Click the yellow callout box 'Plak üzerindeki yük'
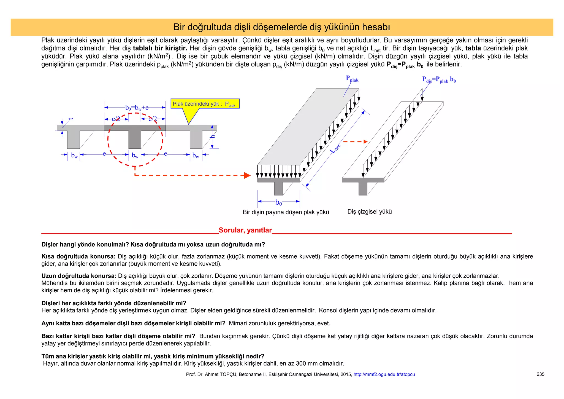[205, 104]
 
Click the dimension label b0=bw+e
[137, 108]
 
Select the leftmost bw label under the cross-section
[74, 155]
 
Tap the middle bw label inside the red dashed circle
[135, 155]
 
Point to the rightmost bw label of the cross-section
[196, 155]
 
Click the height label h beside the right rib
[213, 136]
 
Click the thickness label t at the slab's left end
[71, 119]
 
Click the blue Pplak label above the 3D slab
[352, 79]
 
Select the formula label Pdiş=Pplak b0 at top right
[439, 80]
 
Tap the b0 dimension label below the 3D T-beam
[278, 203]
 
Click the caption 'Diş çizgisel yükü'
[369, 212]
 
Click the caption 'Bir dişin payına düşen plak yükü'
[286, 212]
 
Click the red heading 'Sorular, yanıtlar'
[245, 230]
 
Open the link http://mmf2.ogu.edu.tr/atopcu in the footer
[384, 374]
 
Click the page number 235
[540, 374]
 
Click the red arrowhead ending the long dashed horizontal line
[247, 175]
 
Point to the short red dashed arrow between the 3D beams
[355, 142]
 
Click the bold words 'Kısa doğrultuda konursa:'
[78, 256]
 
